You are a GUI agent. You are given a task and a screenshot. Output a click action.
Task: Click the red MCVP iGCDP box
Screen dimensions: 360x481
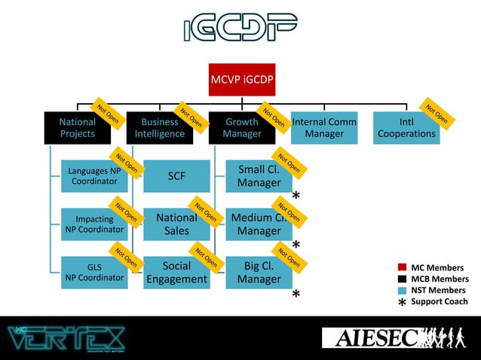coord(241,80)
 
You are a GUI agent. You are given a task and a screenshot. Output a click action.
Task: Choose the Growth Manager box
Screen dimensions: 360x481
coord(241,127)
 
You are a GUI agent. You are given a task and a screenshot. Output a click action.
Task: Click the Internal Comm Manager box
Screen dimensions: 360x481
coord(324,127)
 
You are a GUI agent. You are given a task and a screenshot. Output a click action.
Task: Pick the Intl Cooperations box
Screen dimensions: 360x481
coord(406,127)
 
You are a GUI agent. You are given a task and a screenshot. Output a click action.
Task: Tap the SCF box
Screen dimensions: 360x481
coord(176,175)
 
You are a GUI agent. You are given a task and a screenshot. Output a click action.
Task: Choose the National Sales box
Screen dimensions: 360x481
coord(176,224)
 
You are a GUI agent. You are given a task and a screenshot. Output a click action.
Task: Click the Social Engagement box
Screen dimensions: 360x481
coord(176,272)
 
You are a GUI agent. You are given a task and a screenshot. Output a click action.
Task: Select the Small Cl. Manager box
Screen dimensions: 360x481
coord(259,175)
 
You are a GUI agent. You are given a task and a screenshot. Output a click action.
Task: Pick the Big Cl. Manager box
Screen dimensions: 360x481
coord(259,272)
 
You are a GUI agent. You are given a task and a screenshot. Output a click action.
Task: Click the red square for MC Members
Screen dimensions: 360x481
coord(402,267)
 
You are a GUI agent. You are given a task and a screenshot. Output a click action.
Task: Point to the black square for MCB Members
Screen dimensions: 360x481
coord(402,279)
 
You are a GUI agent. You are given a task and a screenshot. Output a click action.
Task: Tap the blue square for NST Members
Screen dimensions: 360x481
coord(402,290)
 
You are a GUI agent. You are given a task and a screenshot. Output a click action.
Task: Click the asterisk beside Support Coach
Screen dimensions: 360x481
coord(402,303)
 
